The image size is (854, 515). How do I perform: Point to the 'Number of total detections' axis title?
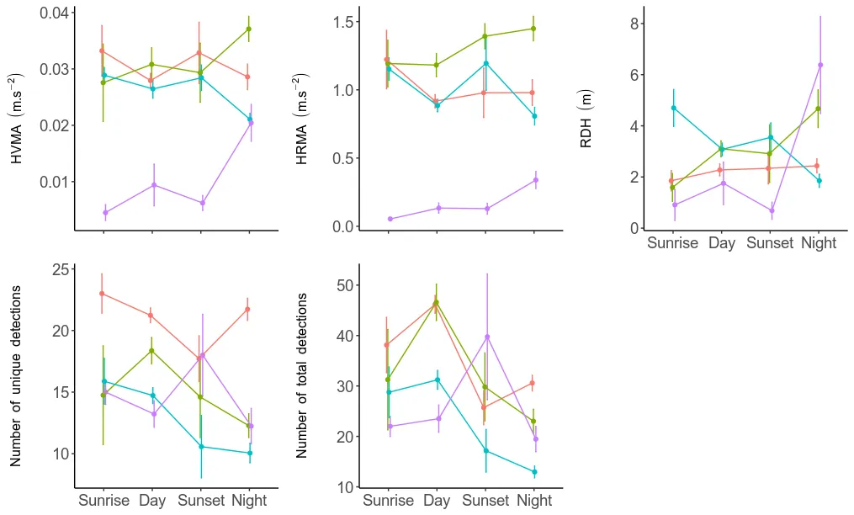coord(302,376)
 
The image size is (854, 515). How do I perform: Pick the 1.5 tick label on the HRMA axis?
coord(341,21)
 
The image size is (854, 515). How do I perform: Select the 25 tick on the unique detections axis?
coord(59,270)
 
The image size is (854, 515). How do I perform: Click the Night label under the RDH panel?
coord(819,243)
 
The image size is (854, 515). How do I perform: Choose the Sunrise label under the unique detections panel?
coord(104,501)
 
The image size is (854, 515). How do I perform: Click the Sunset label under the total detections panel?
coord(485,501)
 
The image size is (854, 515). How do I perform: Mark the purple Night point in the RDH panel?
coord(820,65)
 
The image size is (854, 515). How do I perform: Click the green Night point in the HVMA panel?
coord(249,29)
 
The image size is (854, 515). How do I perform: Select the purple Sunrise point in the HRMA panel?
coord(390,219)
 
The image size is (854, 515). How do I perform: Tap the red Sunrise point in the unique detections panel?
coord(102,294)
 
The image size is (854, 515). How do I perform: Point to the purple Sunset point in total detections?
coord(486,337)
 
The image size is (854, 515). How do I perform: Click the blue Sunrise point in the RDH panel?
coord(673,108)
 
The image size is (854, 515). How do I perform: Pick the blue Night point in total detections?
coord(534,472)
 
